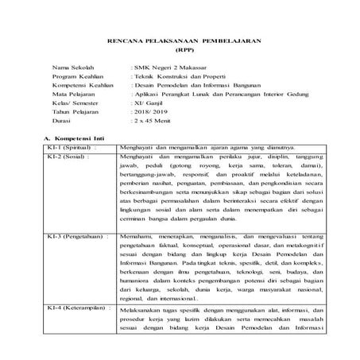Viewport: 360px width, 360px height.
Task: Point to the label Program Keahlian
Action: click(x=75, y=80)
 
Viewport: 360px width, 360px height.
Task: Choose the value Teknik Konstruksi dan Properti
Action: click(x=175, y=80)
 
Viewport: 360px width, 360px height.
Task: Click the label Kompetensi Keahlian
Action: click(x=80, y=91)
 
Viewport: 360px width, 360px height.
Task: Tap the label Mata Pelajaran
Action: click(x=72, y=103)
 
